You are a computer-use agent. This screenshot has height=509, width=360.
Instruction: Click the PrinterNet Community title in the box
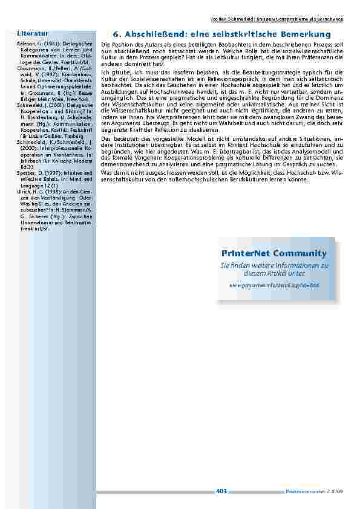tap(278, 253)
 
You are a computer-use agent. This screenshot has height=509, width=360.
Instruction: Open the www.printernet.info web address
tap(278, 284)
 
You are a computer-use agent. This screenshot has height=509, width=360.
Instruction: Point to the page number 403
tap(221, 491)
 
